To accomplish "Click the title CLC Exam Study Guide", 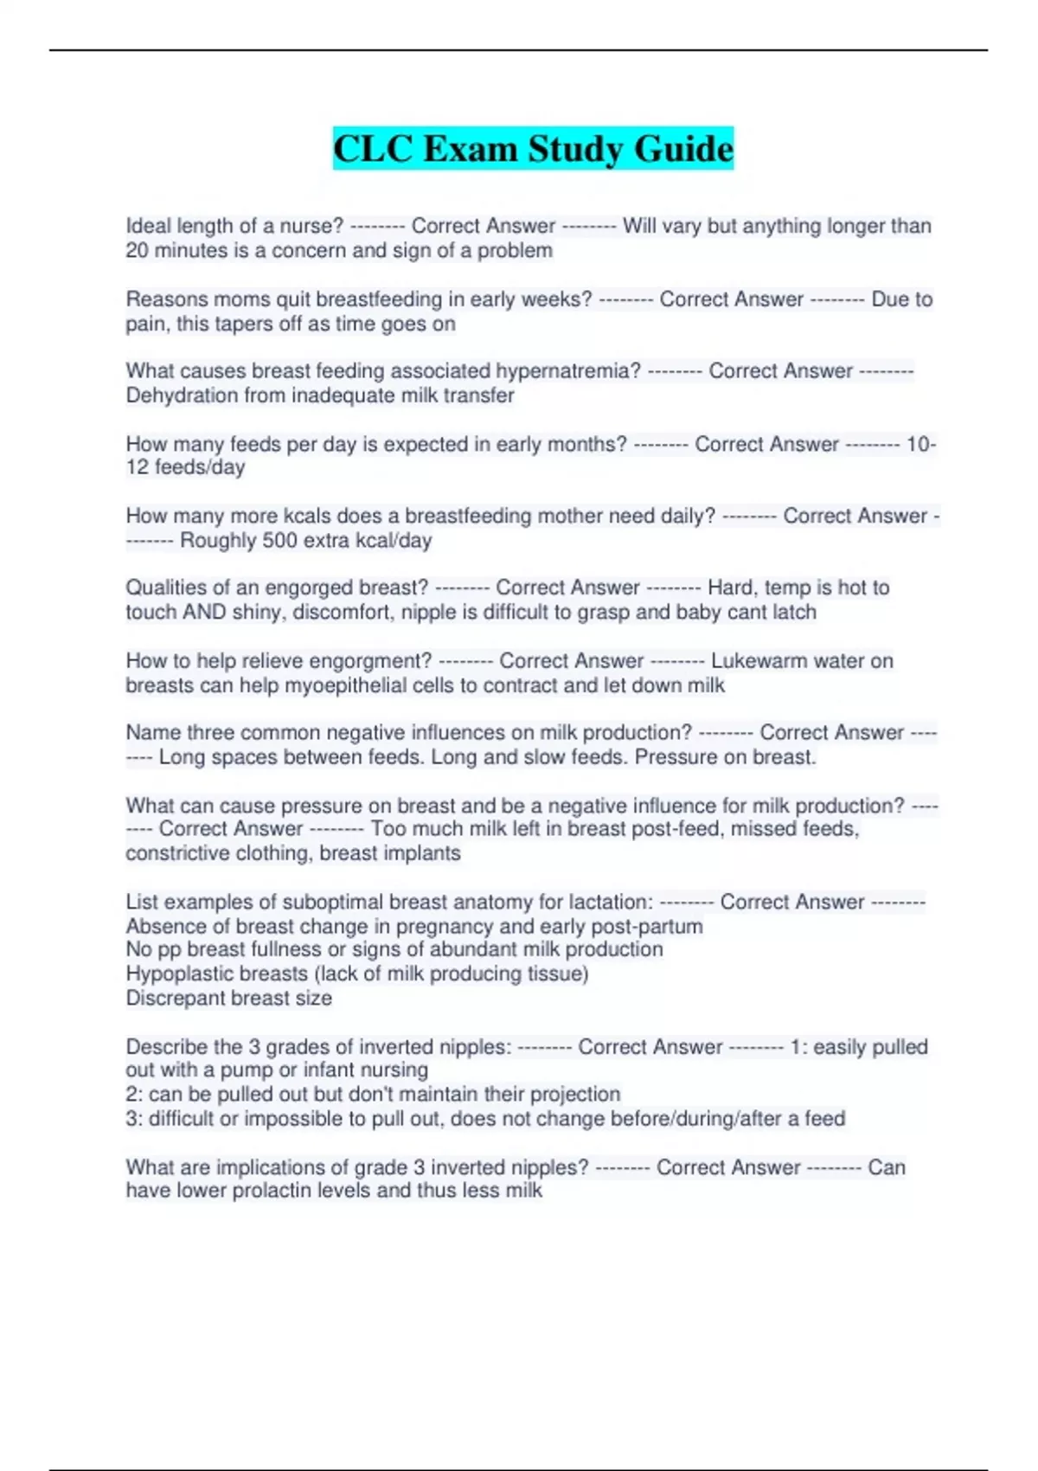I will (x=533, y=149).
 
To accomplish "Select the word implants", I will (x=426, y=853).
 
